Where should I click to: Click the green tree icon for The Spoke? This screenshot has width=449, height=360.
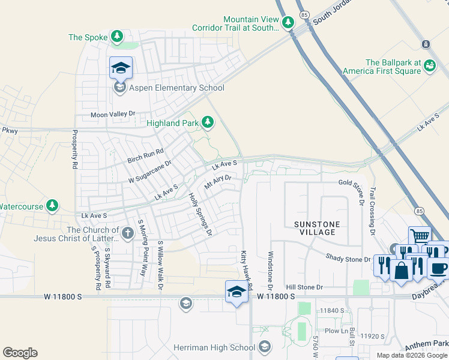pyautogui.click(x=116, y=37)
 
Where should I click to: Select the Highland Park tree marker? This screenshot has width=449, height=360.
pyautogui.click(x=208, y=123)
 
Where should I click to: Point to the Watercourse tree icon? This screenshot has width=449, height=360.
pyautogui.click(x=52, y=206)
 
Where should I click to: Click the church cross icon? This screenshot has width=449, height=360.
pyautogui.click(x=127, y=233)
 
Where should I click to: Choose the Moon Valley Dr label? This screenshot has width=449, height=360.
pyautogui.click(x=113, y=114)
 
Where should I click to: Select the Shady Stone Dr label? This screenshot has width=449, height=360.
pyautogui.click(x=349, y=259)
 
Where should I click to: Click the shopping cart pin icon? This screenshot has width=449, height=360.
pyautogui.click(x=420, y=236)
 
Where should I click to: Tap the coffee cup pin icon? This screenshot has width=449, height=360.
pyautogui.click(x=438, y=267)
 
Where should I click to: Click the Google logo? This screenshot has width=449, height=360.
pyautogui.click(x=20, y=353)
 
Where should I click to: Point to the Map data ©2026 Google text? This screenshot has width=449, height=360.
pyautogui.click(x=412, y=355)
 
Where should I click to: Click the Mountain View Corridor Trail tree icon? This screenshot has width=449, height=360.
pyautogui.click(x=289, y=23)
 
